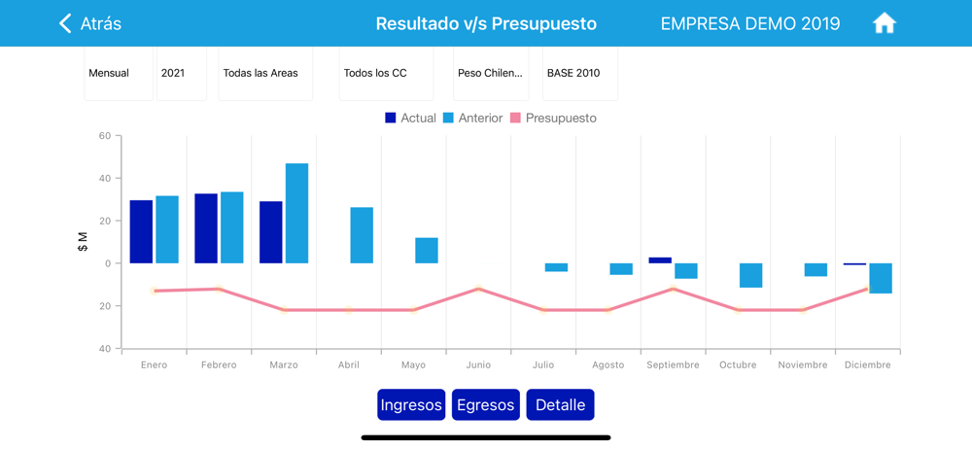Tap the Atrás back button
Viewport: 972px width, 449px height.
click(x=90, y=23)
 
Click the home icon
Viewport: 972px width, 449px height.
click(x=884, y=23)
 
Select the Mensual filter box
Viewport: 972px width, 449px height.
click(x=118, y=73)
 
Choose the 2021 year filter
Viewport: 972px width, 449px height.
click(x=181, y=73)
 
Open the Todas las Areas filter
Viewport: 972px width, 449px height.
click(x=264, y=73)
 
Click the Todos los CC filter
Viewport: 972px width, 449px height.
click(x=385, y=73)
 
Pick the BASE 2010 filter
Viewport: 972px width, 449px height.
click(x=579, y=73)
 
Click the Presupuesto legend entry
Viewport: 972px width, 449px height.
click(x=553, y=118)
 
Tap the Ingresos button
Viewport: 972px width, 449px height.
click(x=411, y=404)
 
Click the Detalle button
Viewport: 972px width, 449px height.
click(x=560, y=404)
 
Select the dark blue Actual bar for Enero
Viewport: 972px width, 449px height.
click(x=141, y=231)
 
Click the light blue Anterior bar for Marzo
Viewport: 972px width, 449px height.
click(x=296, y=213)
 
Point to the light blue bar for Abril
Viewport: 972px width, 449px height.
click(x=362, y=235)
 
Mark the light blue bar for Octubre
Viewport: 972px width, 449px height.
click(x=750, y=275)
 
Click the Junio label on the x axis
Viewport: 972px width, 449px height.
click(x=478, y=365)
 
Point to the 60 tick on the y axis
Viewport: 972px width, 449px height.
click(x=105, y=136)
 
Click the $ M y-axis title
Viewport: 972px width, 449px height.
click(x=83, y=242)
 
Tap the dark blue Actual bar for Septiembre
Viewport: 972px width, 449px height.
click(x=660, y=260)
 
